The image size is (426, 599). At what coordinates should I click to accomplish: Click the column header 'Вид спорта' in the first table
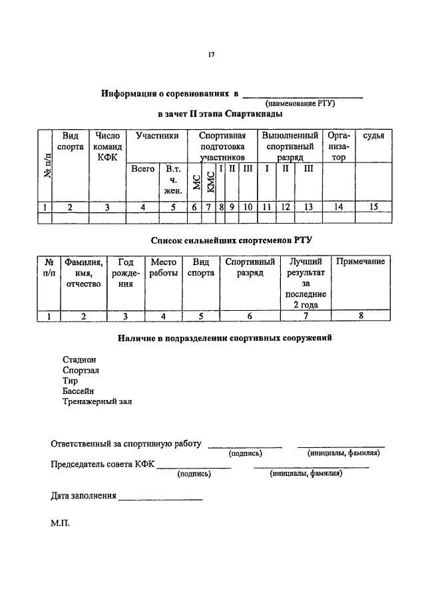71,141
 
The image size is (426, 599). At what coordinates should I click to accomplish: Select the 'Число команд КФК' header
107,146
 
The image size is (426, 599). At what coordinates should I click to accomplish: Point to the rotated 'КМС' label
210,182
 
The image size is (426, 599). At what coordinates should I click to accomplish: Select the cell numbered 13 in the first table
308,207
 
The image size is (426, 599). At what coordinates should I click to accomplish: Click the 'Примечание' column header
360,262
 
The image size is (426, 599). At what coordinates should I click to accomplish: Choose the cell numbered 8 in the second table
360,316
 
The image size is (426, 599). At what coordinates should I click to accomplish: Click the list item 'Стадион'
79,359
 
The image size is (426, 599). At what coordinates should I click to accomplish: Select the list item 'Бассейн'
79,391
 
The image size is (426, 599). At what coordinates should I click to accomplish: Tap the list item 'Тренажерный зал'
97,402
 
